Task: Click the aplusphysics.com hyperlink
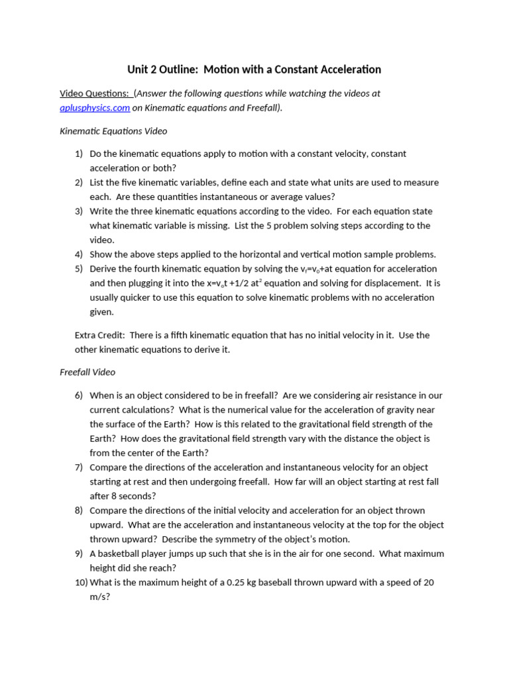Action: [95, 108]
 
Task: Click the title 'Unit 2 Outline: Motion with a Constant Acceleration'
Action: [254, 70]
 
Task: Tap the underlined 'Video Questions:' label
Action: [95, 93]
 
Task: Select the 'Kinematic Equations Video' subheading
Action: [113, 131]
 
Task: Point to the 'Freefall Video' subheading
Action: [87, 372]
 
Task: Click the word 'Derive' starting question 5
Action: [104, 269]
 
